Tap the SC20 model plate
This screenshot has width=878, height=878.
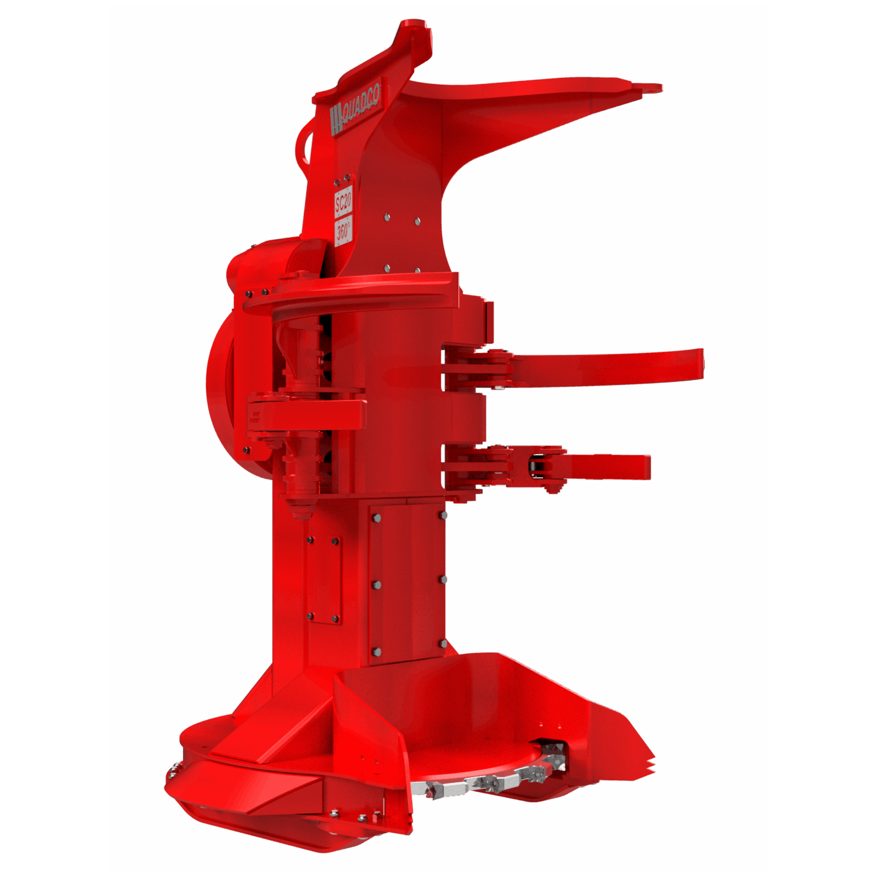[x=343, y=202]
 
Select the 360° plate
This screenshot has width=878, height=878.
[x=344, y=230]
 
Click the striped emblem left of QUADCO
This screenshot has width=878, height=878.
[x=336, y=120]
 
